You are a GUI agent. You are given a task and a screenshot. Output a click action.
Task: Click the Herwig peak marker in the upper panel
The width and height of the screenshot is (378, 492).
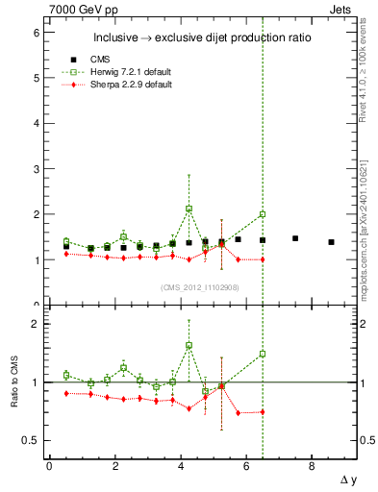click(189, 209)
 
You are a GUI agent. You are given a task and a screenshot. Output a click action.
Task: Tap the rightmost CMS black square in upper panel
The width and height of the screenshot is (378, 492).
click(331, 242)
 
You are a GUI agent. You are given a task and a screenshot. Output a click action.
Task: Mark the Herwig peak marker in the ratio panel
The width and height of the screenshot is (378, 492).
click(189, 346)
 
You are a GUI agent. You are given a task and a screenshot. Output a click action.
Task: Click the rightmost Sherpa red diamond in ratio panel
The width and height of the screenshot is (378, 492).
click(262, 412)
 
